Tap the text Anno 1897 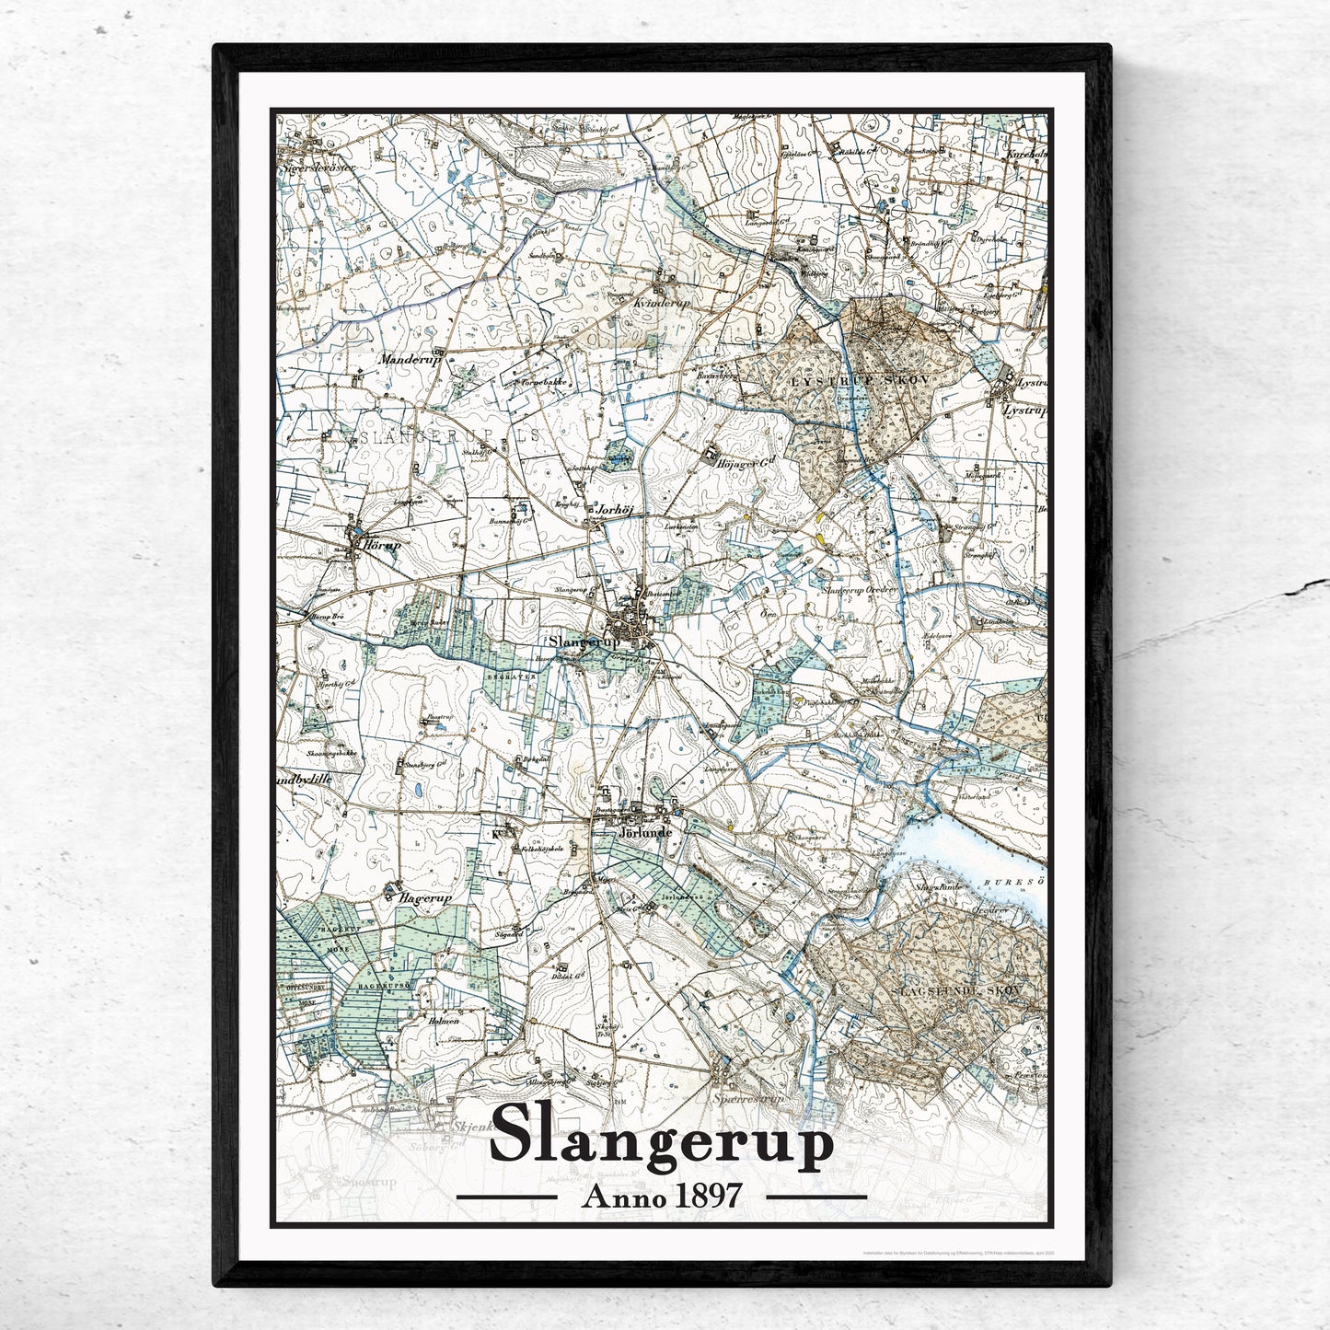662,1196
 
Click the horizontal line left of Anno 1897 507,1197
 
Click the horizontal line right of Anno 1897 816,1197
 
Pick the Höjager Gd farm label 741,464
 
